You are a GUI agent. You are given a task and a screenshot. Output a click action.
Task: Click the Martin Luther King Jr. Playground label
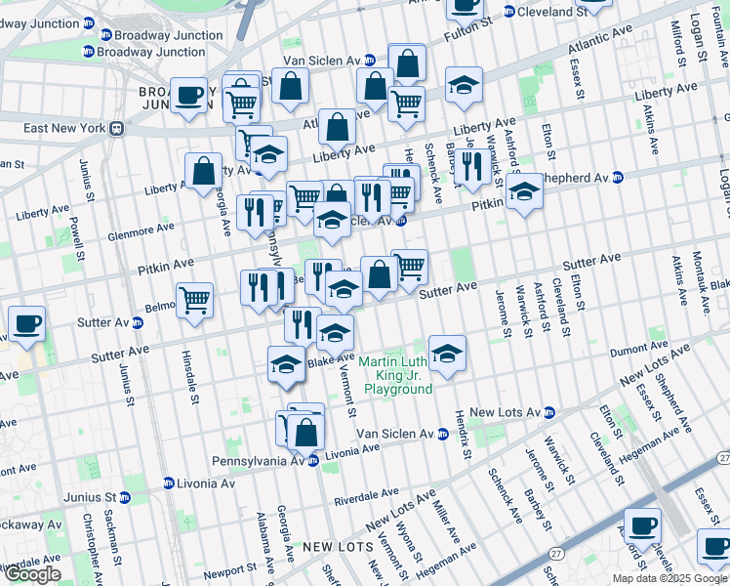click(x=397, y=375)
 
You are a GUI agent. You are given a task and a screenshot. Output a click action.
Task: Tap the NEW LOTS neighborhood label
click(x=333, y=547)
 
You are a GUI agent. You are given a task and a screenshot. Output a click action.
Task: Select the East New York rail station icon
click(x=115, y=128)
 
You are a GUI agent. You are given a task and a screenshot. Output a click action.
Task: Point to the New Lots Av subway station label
click(x=505, y=412)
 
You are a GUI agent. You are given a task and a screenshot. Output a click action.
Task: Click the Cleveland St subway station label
click(x=551, y=12)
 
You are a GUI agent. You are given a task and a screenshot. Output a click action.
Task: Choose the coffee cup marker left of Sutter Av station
click(x=26, y=324)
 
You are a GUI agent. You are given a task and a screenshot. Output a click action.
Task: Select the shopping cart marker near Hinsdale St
click(x=195, y=300)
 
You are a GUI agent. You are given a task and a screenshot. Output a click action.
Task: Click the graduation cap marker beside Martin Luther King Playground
click(x=447, y=353)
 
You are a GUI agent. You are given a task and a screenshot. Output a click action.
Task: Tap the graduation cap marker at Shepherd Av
click(x=524, y=192)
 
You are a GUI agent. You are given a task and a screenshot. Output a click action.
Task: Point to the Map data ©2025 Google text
click(x=669, y=578)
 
